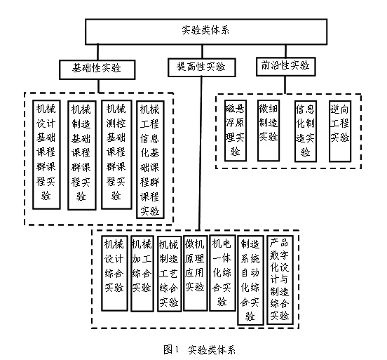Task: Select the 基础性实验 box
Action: pos(97,69)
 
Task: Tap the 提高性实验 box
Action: pos(202,67)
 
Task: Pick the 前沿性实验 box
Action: pos(285,67)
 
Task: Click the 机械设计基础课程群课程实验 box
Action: pos(46,154)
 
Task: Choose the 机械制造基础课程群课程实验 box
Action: pos(82,155)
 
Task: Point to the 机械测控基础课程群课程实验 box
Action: pos(116,154)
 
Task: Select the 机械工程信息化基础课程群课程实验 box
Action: pos(150,159)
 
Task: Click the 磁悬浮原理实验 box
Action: pos(235,131)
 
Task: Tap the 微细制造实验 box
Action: pos(269,131)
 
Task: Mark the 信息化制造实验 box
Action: pos(305,131)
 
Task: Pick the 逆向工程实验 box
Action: pos(340,131)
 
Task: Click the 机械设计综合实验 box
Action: pos(114,273)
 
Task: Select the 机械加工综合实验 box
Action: pos(142,273)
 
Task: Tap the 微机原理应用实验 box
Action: pos(195,273)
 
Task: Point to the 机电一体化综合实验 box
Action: pos(222,272)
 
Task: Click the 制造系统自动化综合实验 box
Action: pos(250,280)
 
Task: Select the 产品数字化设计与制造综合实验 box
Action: pos(280,280)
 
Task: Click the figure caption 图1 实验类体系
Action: pos(199,349)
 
